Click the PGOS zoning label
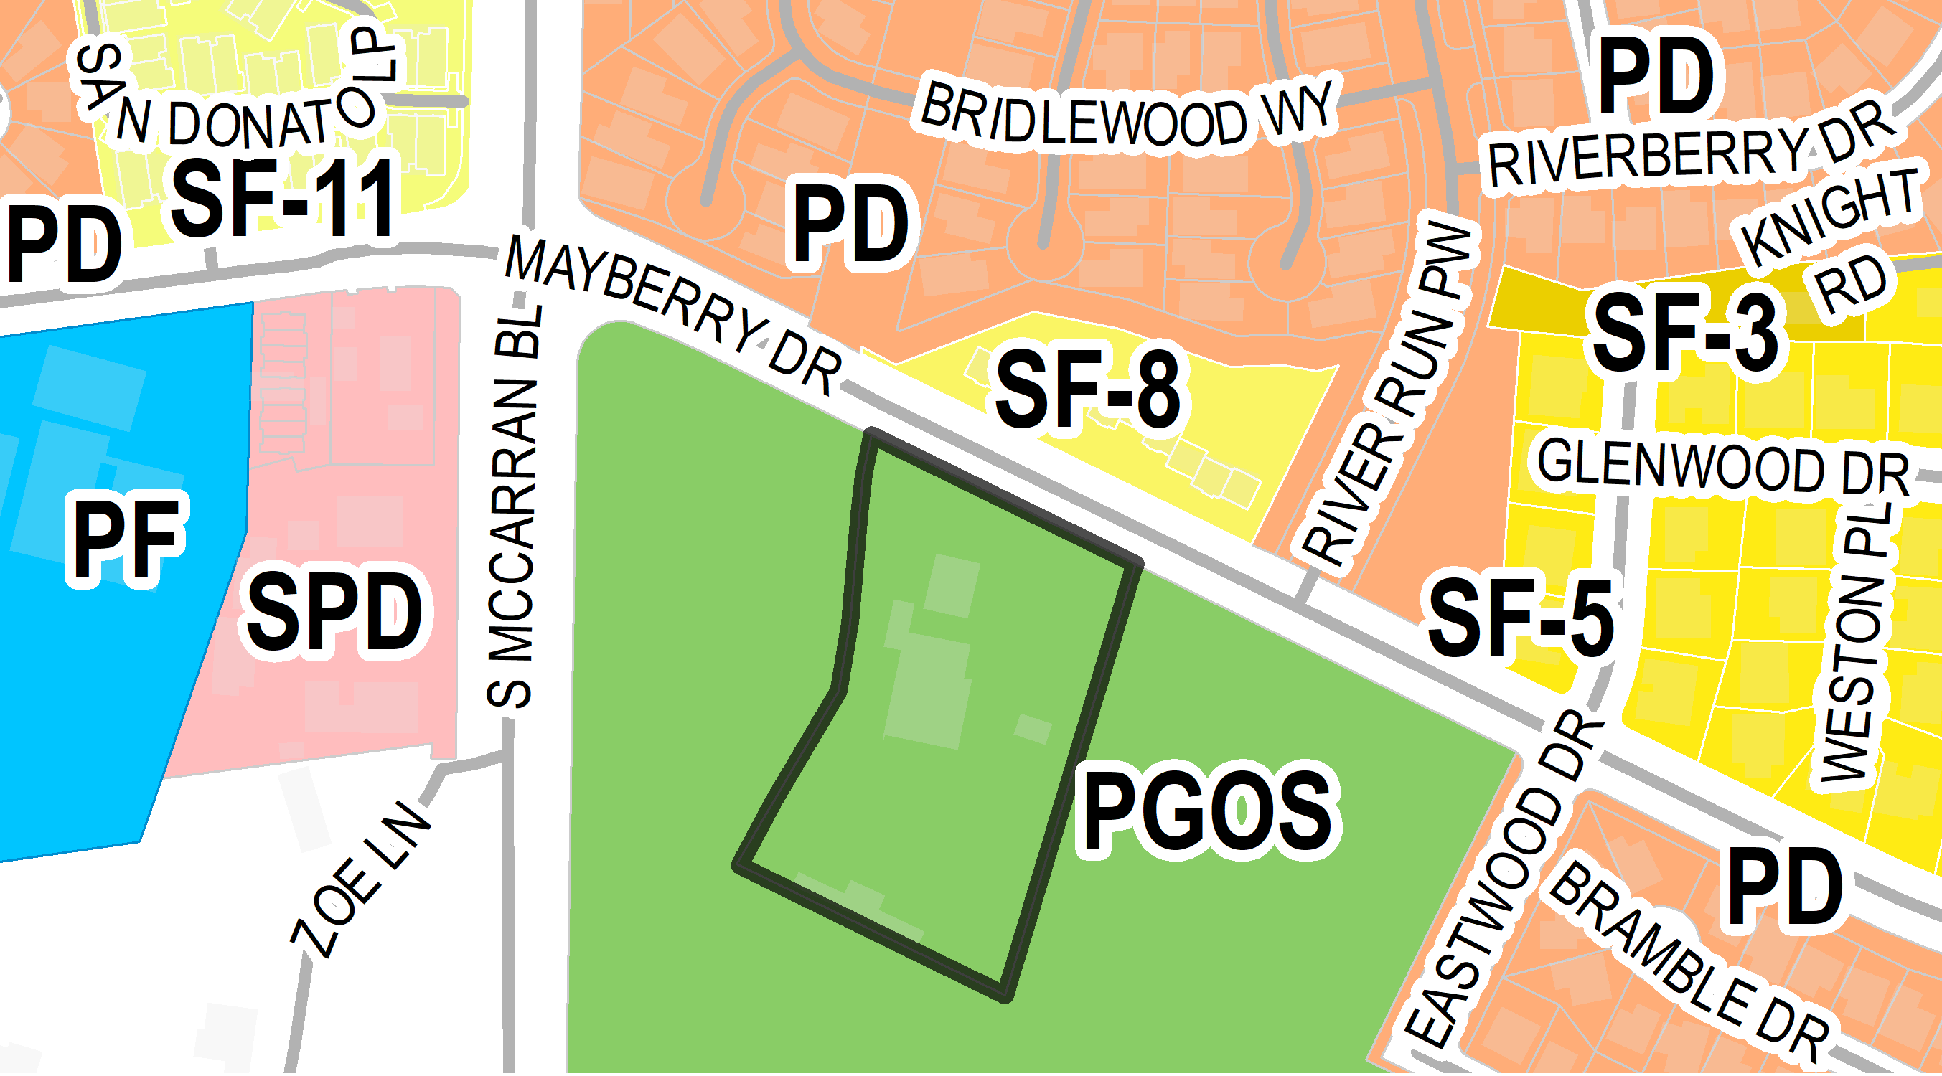[x=1209, y=811]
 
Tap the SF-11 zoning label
[x=283, y=197]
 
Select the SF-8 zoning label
[x=1089, y=390]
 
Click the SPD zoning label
[x=334, y=612]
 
